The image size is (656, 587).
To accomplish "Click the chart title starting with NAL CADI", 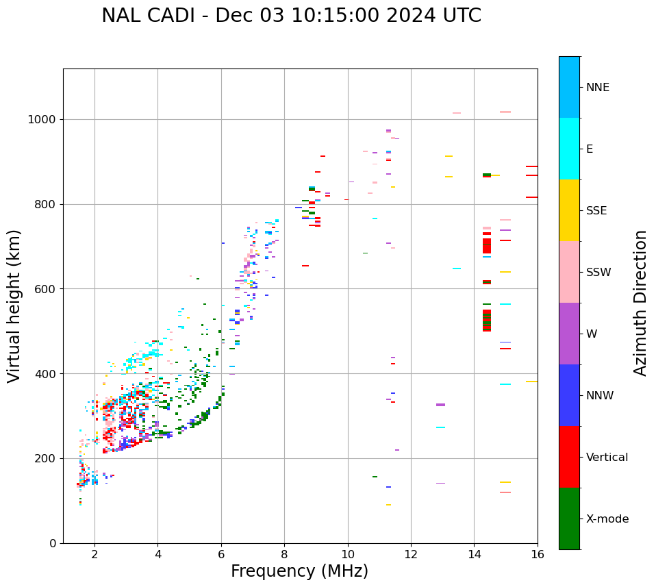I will point(291,16).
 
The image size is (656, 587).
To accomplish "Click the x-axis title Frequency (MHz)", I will point(299,571).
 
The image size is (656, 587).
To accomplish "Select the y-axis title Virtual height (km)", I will point(14,305).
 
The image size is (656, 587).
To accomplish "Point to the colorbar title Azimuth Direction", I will point(640,303).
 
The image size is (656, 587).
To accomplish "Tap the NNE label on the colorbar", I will point(597,87).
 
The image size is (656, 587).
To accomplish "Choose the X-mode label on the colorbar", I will point(607,519).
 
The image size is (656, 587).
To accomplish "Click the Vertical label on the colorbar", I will point(607,457).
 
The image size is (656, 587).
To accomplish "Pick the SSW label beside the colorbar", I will point(598,272).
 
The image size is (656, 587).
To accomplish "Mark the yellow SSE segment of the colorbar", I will point(569,210).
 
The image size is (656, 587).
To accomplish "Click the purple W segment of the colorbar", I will point(569,334).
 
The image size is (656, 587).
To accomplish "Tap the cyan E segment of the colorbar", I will point(569,149).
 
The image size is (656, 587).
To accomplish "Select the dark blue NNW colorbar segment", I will point(569,395).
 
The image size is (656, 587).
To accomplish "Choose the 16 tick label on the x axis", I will point(538,554).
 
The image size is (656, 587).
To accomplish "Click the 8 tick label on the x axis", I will point(284,554).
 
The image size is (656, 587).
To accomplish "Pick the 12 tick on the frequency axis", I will point(411,554).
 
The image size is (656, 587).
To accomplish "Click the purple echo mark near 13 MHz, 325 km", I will point(440,405).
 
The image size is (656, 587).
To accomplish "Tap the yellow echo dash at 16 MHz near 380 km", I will point(531,382).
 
